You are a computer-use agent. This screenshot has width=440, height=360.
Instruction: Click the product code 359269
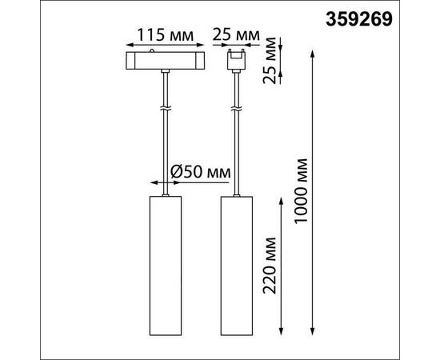pyautogui.click(x=359, y=20)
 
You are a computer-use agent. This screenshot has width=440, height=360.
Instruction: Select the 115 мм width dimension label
pyautogui.click(x=165, y=36)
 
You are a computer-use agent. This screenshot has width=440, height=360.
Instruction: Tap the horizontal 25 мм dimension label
pyautogui.click(x=236, y=35)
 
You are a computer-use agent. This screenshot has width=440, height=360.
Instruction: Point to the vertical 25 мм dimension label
pyautogui.click(x=270, y=60)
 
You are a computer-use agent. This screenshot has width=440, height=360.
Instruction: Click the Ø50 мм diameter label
pyautogui.click(x=200, y=172)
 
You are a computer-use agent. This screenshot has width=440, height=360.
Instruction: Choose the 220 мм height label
pyautogui.click(x=270, y=266)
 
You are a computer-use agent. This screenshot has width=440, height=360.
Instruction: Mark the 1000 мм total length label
pyautogui.click(x=302, y=191)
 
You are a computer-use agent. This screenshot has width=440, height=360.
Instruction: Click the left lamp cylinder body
pyautogui.click(x=166, y=266)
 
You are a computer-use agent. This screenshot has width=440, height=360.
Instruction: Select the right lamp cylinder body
pyautogui.click(x=237, y=266)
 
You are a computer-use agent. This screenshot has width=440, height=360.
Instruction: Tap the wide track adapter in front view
pyautogui.click(x=165, y=60)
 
